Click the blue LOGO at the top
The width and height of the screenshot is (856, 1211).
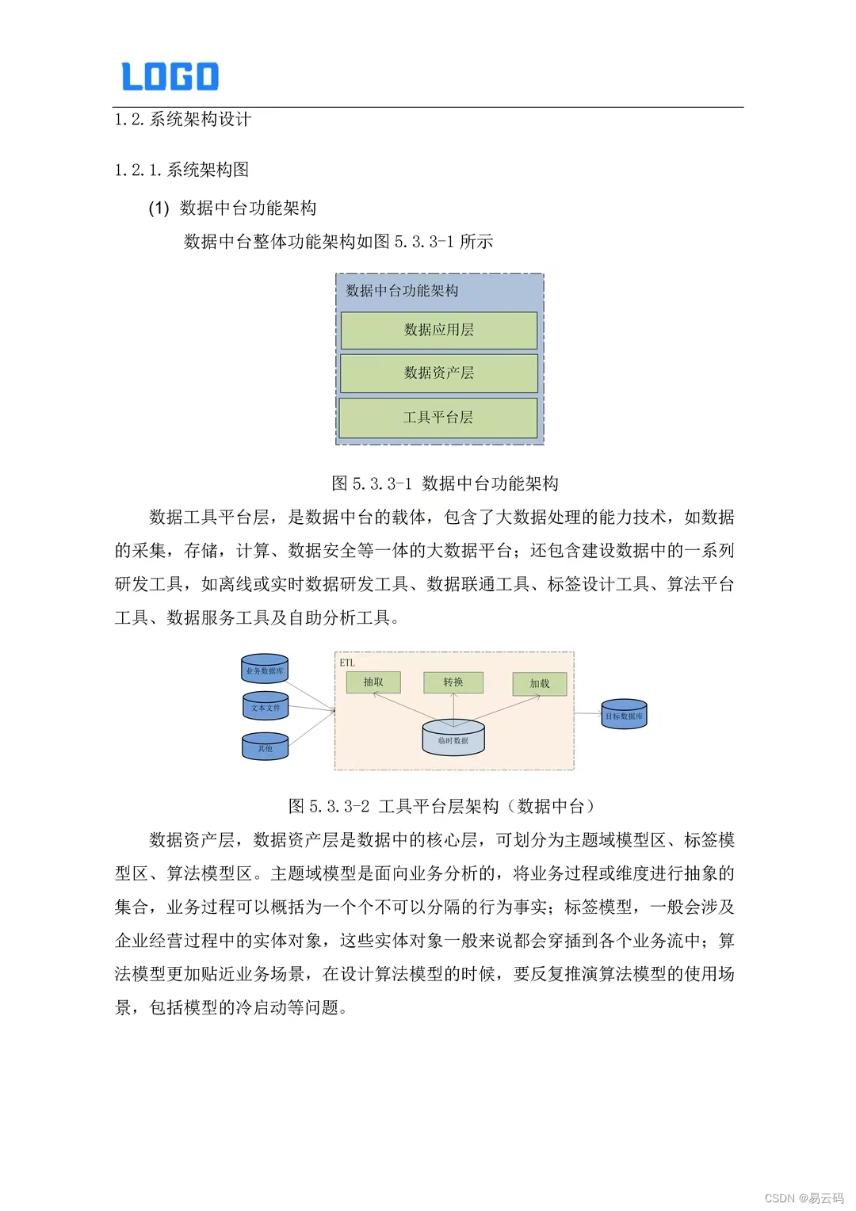tap(170, 76)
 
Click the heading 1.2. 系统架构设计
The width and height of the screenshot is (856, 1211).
tap(183, 120)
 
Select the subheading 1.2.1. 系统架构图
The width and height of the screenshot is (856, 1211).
tap(182, 170)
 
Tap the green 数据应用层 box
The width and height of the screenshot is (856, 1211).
tap(438, 330)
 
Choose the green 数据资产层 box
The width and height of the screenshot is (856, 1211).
tap(438, 372)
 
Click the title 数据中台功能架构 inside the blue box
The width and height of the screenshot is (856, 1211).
tap(402, 291)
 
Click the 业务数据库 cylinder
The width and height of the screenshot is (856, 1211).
tap(265, 669)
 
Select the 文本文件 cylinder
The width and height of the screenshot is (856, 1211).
tap(266, 707)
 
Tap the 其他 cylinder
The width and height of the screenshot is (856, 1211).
tap(265, 747)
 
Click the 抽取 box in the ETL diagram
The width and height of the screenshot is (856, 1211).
tap(373, 682)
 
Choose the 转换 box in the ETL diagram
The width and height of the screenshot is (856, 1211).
tap(453, 682)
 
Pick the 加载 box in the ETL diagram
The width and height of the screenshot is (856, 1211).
tap(539, 684)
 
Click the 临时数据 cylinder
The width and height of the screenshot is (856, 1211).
tap(453, 738)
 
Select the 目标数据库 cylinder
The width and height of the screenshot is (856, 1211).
tap(624, 715)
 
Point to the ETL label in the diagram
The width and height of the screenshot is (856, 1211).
tap(347, 663)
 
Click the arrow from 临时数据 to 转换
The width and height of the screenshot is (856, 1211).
tap(453, 707)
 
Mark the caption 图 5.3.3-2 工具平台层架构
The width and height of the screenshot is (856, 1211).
tap(441, 806)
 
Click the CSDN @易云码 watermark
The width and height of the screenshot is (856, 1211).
tap(804, 1198)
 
